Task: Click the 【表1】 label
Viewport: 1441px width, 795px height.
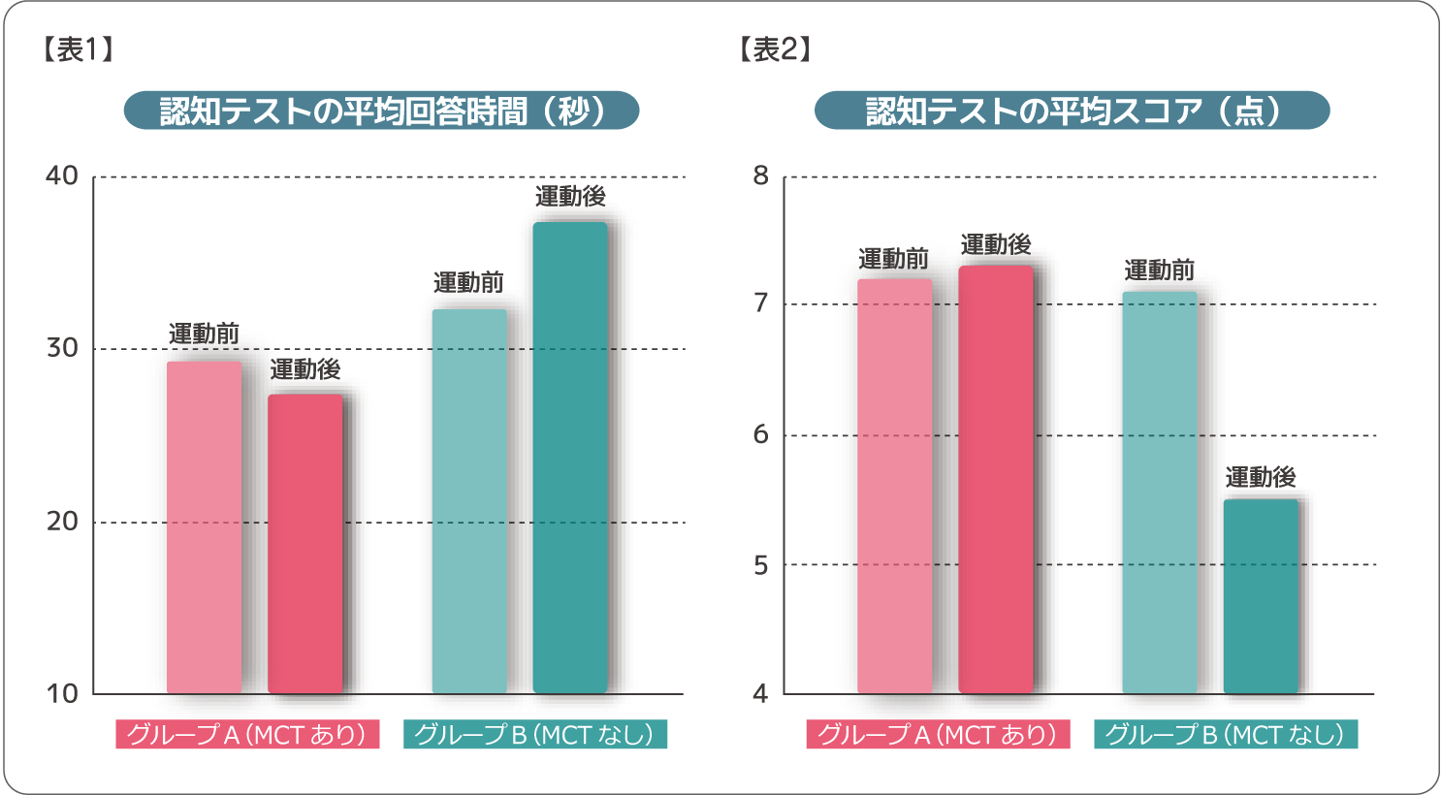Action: [x=78, y=49]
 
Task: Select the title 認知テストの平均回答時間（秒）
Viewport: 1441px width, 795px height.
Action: [x=381, y=111]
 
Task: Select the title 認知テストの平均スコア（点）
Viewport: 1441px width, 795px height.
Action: [x=1072, y=111]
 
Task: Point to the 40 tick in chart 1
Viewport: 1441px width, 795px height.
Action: [x=62, y=176]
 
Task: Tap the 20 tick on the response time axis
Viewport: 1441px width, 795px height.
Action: [x=62, y=522]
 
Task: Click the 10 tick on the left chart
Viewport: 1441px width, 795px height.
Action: [x=62, y=693]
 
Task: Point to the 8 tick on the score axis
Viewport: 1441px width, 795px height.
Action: [x=760, y=176]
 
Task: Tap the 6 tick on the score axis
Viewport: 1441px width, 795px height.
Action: [x=760, y=434]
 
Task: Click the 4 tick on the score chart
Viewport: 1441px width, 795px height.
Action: [x=760, y=693]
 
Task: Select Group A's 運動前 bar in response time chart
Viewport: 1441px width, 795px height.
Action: [x=204, y=528]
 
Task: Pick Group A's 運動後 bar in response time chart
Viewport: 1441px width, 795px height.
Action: [x=305, y=544]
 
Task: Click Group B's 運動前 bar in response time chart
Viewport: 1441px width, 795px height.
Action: [x=469, y=502]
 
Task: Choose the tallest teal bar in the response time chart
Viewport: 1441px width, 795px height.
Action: [x=570, y=459]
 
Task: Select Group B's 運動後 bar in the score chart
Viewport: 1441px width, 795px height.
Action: [x=1261, y=596]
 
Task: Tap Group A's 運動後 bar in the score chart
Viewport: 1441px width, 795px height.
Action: [x=996, y=480]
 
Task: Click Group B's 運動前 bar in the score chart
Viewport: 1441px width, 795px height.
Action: [x=1160, y=493]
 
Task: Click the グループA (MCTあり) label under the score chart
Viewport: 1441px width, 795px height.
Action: [x=938, y=735]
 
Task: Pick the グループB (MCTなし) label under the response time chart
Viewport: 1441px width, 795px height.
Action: [x=535, y=735]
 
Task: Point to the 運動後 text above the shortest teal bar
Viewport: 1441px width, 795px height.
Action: [x=1261, y=477]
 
